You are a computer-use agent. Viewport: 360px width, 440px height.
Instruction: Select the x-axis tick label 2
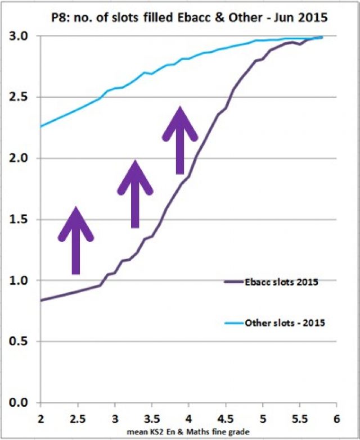tap(40, 419)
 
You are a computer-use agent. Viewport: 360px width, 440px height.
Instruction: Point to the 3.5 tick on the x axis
tap(151, 419)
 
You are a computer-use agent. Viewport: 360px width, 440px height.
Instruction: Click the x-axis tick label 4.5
tap(225, 419)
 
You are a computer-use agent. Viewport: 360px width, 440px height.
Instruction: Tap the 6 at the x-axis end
tap(336, 419)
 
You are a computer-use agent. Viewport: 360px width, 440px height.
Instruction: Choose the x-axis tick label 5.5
tap(299, 419)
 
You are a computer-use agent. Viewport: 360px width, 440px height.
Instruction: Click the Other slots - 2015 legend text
tap(280, 323)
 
